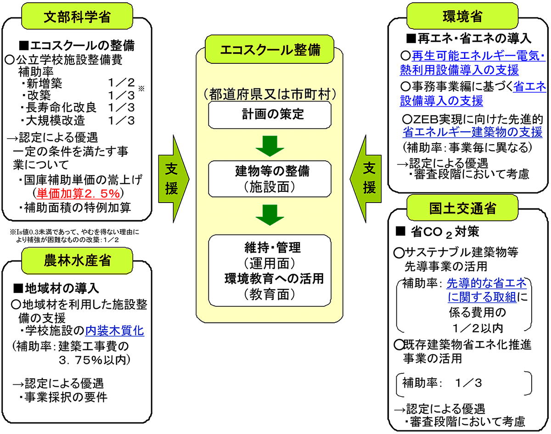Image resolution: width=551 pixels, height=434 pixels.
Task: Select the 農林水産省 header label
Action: tap(76, 260)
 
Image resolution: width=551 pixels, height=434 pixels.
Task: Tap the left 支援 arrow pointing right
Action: tap(172, 179)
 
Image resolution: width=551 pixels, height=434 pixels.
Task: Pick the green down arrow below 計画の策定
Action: tap(270, 146)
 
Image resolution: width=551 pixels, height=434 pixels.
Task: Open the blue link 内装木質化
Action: tap(115, 330)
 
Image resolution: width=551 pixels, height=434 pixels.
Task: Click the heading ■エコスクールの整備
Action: tap(77, 45)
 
